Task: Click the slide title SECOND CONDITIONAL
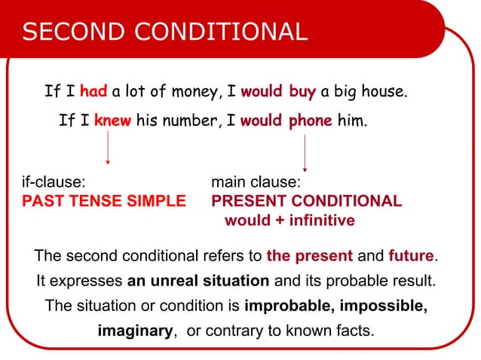(x=165, y=32)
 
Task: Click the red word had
(x=93, y=93)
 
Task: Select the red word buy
(x=302, y=93)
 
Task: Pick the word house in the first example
(x=384, y=93)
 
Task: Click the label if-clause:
(x=52, y=183)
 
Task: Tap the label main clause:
(x=256, y=183)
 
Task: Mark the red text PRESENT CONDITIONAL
(x=306, y=202)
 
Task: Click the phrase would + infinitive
(x=290, y=221)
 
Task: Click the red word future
(x=412, y=256)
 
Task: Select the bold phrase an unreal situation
(x=198, y=281)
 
